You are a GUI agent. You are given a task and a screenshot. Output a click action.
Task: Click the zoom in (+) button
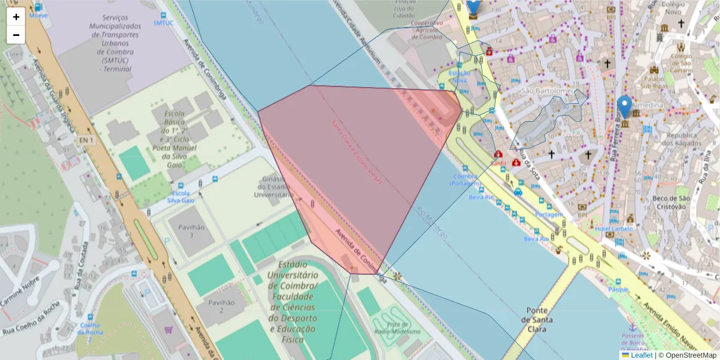[16, 17]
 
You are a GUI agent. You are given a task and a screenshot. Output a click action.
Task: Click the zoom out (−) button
[16, 35]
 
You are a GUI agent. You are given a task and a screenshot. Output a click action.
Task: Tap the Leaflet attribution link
[641, 355]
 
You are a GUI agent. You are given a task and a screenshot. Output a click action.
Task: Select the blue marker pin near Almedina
[625, 107]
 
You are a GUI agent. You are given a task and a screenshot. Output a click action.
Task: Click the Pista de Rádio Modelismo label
[397, 328]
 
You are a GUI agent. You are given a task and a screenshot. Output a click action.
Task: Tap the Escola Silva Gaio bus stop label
[181, 197]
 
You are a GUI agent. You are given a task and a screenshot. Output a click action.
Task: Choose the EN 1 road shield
[86, 140]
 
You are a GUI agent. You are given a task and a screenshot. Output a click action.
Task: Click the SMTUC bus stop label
[163, 23]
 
